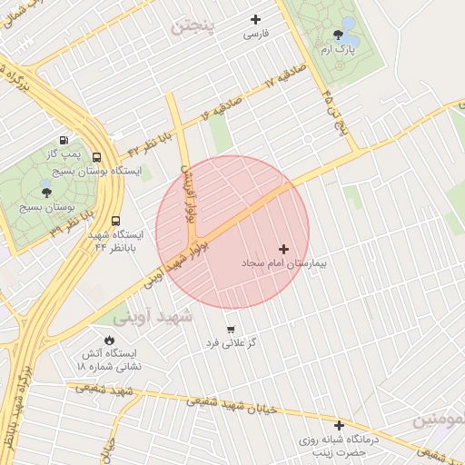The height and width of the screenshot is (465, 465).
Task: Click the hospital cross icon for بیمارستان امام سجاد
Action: tap(284, 248)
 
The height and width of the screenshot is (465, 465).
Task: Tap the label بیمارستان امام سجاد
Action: tap(283, 262)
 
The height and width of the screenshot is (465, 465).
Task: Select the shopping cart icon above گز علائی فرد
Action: tap(230, 329)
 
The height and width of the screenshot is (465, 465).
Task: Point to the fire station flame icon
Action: tap(110, 340)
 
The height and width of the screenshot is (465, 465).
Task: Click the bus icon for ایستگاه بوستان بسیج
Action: tap(96, 156)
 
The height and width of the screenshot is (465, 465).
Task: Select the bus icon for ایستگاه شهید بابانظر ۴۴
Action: tap(115, 220)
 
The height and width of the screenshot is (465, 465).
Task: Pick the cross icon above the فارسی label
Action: tap(255, 19)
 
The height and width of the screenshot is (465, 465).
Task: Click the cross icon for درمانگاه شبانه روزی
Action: tap(339, 424)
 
